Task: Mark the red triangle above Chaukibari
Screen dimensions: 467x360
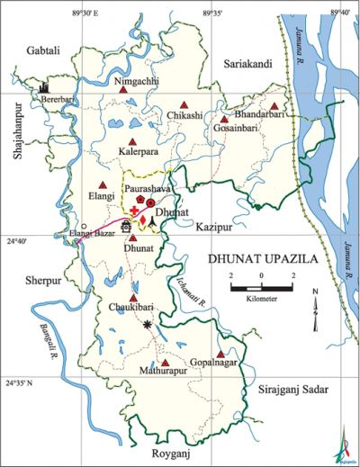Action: pos(133,298)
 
